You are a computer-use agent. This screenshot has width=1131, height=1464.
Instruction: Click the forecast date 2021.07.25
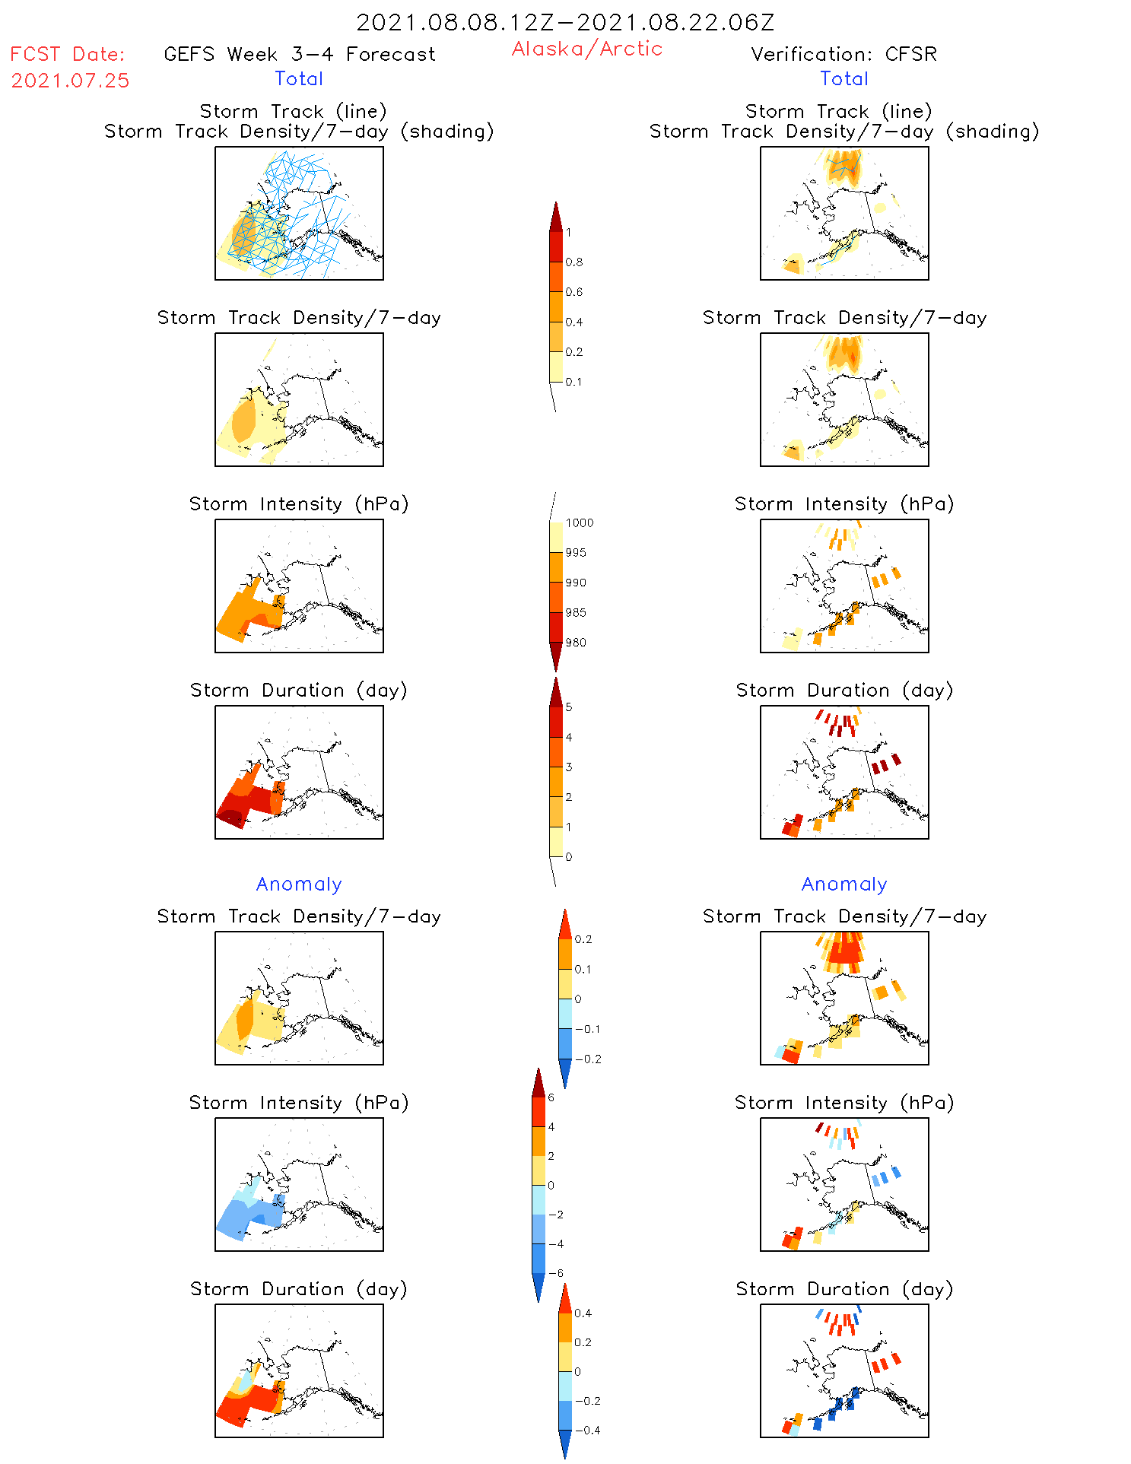point(70,81)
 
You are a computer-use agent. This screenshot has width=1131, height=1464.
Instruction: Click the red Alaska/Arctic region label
point(586,49)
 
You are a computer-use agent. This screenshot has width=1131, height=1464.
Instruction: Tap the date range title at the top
point(565,23)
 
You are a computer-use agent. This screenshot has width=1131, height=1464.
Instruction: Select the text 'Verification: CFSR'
point(843,54)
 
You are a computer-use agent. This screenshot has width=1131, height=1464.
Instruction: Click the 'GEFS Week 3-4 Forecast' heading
point(300,54)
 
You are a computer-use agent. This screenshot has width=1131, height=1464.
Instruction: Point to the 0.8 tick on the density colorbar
point(574,262)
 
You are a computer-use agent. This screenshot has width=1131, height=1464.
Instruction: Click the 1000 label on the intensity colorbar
point(579,522)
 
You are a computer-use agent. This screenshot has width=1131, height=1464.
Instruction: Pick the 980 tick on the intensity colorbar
point(576,643)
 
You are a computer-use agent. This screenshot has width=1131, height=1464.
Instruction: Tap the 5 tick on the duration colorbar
point(568,707)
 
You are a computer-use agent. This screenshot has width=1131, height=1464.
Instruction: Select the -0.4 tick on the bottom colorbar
point(586,1430)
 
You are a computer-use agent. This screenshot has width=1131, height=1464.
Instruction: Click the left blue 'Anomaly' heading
point(299,884)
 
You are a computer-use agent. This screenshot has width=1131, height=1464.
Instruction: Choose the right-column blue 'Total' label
point(843,78)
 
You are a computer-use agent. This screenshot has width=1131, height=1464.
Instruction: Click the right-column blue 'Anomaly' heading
point(843,884)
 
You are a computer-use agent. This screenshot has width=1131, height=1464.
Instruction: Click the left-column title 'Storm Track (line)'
point(293,111)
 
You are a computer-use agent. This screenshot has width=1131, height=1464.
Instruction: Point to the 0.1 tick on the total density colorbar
point(573,382)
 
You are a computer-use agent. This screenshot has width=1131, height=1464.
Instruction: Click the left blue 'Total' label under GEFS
point(299,78)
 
